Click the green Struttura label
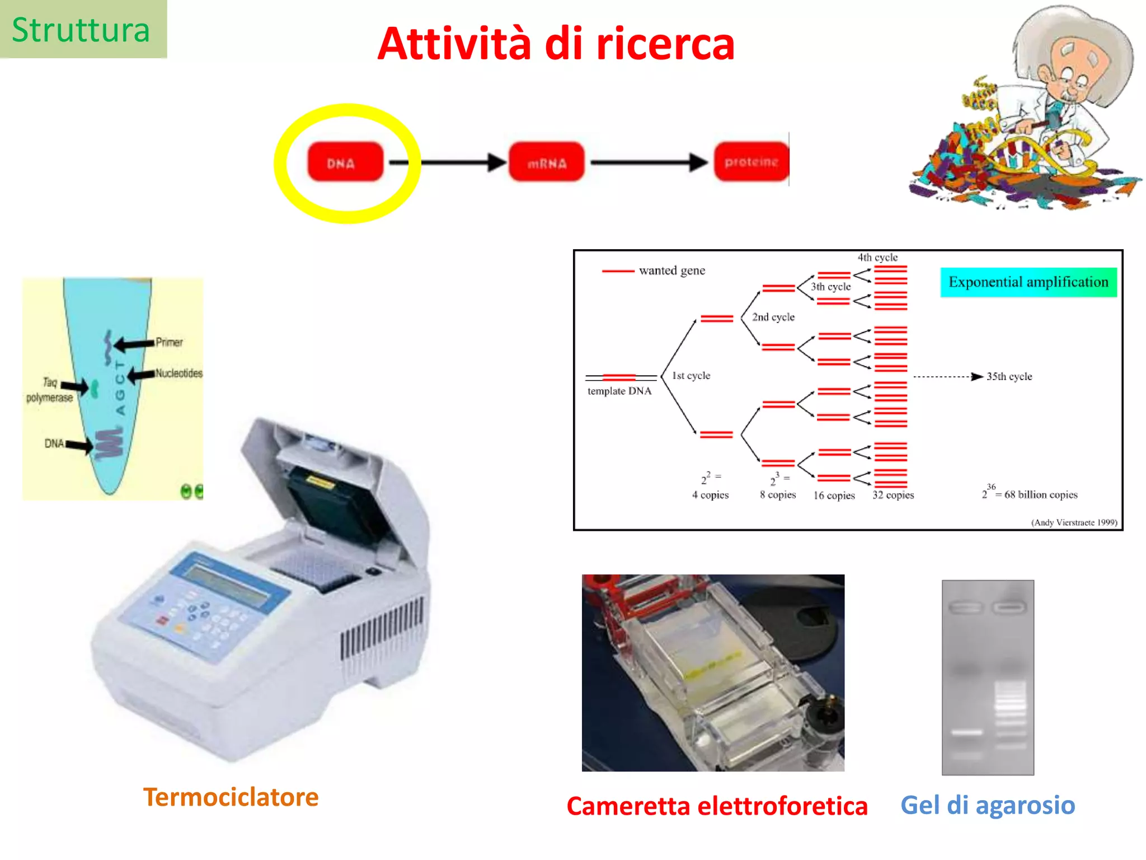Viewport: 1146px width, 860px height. click(x=82, y=30)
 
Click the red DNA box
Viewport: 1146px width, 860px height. click(x=345, y=162)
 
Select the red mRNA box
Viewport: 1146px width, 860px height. click(x=546, y=162)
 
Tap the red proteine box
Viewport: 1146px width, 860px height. click(x=751, y=162)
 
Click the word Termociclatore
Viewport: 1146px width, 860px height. click(x=231, y=797)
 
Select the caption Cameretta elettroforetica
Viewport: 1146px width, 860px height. click(x=717, y=806)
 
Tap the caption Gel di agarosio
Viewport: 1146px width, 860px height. click(x=988, y=805)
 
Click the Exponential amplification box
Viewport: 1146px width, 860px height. click(x=1028, y=282)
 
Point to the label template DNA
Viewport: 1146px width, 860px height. click(x=619, y=391)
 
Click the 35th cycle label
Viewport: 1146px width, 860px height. click(x=1009, y=376)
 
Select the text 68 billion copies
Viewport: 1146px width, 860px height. click(x=1040, y=494)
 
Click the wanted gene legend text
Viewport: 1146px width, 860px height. click(x=671, y=270)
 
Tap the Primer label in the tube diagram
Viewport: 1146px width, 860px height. click(x=169, y=342)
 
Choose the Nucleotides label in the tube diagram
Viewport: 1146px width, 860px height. click(x=179, y=373)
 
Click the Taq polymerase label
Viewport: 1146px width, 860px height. click(x=49, y=390)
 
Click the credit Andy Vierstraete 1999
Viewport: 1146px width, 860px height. click(x=1074, y=522)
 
